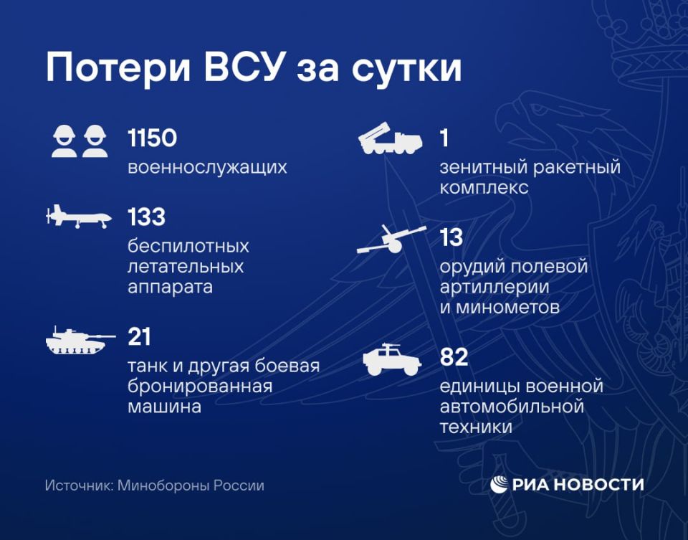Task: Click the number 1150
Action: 152,138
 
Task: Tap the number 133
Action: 146,217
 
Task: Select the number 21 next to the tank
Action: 139,336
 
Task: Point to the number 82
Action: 454,357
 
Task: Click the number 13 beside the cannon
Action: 451,237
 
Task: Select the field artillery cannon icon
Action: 388,240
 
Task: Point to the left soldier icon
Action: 64,141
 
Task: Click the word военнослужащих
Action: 207,168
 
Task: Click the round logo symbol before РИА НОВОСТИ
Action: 499,485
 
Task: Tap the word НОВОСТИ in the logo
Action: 603,485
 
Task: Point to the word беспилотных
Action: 188,246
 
